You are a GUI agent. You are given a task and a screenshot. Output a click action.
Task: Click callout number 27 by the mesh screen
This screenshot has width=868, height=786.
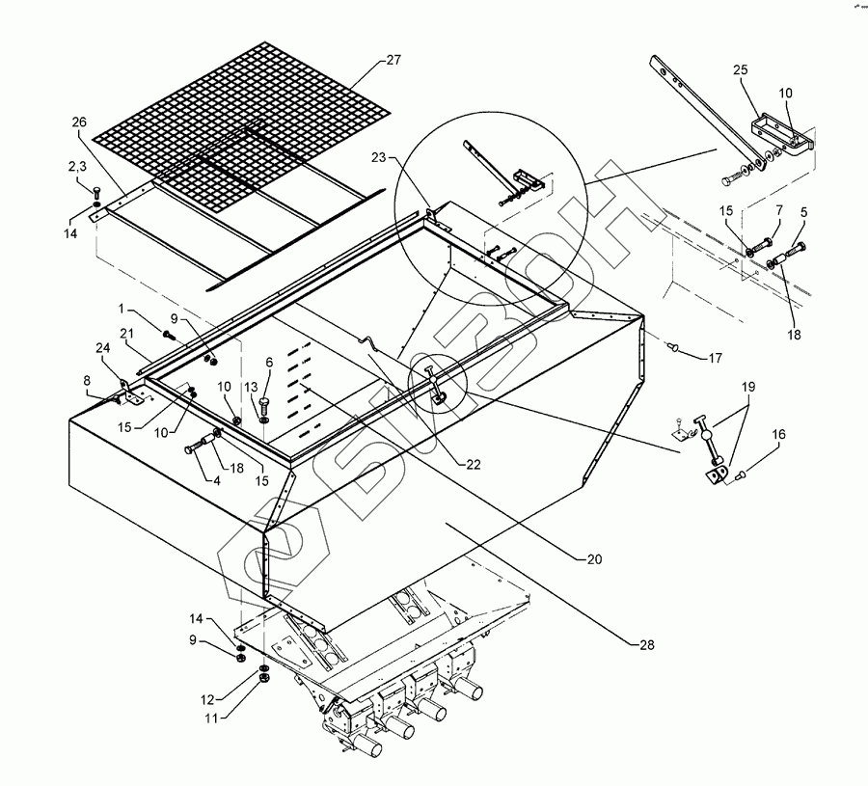393,60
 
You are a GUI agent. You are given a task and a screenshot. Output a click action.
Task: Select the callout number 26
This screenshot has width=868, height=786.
79,122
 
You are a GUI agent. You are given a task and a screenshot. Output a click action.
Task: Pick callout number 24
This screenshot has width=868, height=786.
102,349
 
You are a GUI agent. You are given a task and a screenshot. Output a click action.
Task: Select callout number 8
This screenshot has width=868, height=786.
87,381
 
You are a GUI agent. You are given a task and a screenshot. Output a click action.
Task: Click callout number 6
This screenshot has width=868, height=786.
269,362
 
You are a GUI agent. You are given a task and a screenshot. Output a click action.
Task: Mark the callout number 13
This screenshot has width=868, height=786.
250,387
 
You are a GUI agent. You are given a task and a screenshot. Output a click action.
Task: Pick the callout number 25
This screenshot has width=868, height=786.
740,70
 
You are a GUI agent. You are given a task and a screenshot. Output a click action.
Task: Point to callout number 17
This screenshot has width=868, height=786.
716,359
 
